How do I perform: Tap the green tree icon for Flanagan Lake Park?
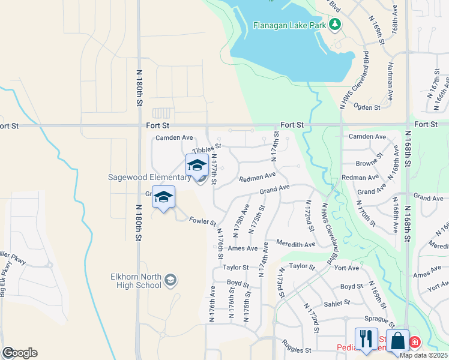[335, 25]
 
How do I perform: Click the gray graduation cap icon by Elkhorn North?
[171, 280]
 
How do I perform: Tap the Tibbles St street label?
[207, 148]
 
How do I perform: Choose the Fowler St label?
[203, 221]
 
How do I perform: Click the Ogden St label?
[369, 107]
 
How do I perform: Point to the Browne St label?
[369, 162]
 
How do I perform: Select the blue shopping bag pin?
[397, 341]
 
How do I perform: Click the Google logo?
[19, 353]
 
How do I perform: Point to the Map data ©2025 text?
[424, 355]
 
